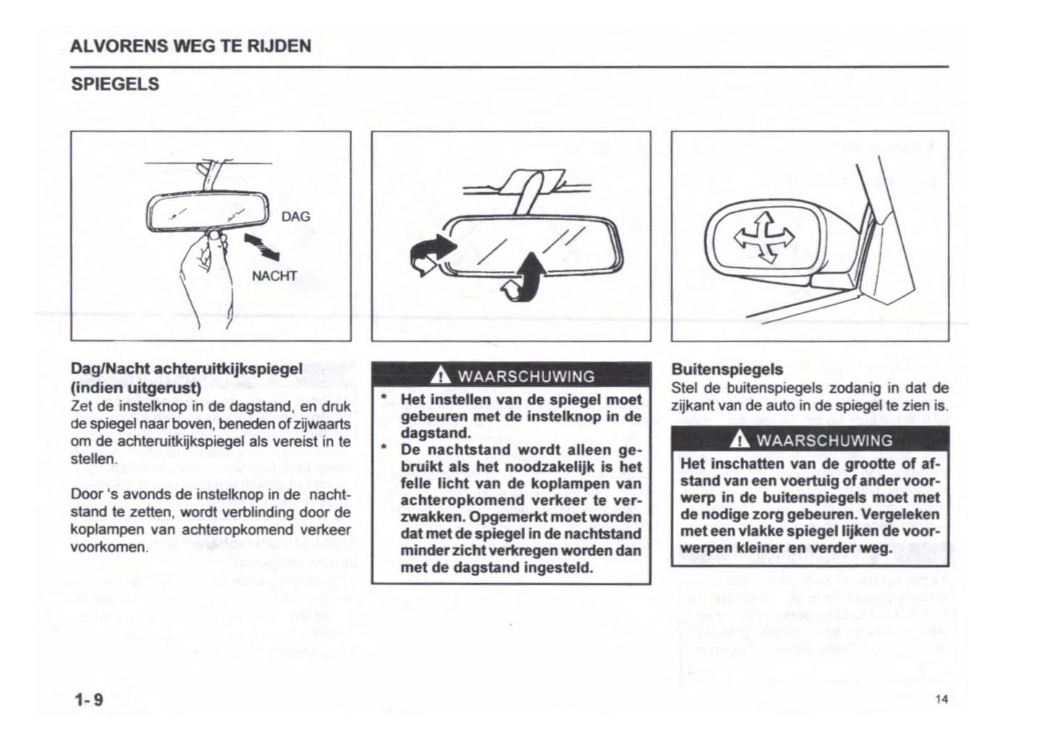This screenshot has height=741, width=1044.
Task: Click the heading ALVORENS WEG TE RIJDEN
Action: pos(191,46)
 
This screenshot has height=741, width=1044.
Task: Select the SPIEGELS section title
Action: pos(115,84)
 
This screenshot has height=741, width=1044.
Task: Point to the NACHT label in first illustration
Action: pos(274,276)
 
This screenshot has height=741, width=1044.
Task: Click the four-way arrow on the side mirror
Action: pos(763,238)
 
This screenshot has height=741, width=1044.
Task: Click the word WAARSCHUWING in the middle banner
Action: pos(526,376)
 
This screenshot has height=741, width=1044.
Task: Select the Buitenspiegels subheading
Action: pos(727,369)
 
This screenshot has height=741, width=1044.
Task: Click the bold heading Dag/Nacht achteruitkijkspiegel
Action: pos(186,369)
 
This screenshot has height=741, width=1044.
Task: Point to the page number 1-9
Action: pos(87,699)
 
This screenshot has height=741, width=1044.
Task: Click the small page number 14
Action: pos(940,698)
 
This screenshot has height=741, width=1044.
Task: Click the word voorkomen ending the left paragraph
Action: pos(109,547)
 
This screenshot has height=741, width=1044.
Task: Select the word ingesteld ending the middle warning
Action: pos(552,567)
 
